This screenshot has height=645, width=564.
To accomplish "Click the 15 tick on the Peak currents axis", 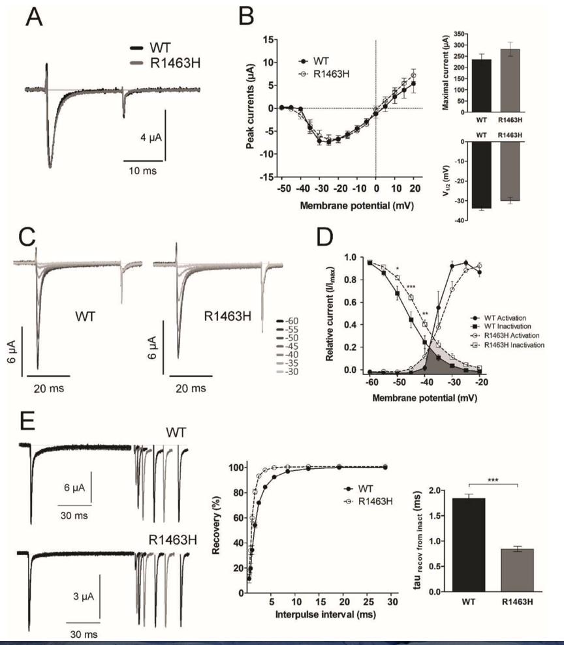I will pyautogui.click(x=268, y=40).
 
